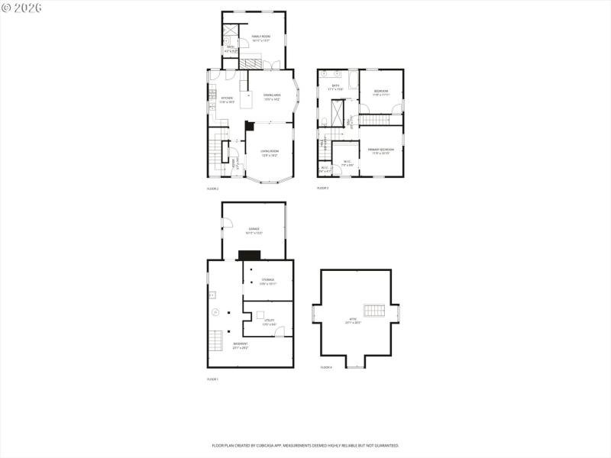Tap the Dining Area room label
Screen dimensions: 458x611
tap(272, 97)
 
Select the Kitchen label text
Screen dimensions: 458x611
tap(226, 99)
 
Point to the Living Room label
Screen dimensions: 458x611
tap(270, 153)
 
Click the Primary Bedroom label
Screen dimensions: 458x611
tap(380, 150)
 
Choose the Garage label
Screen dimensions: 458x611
tap(254, 230)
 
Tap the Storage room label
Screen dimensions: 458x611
tap(267, 281)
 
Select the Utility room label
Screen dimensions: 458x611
tap(260, 321)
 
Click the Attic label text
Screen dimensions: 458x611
tap(353, 322)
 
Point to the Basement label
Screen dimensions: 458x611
tap(240, 346)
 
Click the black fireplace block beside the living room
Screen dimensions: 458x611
tap(248, 126)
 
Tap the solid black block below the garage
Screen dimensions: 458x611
tap(250, 256)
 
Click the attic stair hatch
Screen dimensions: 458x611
tap(373, 310)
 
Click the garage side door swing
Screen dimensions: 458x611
tap(227, 222)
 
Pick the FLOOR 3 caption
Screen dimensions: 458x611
tap(323, 188)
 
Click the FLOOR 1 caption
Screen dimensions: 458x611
tap(212, 379)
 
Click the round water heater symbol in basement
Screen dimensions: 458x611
tap(216, 311)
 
